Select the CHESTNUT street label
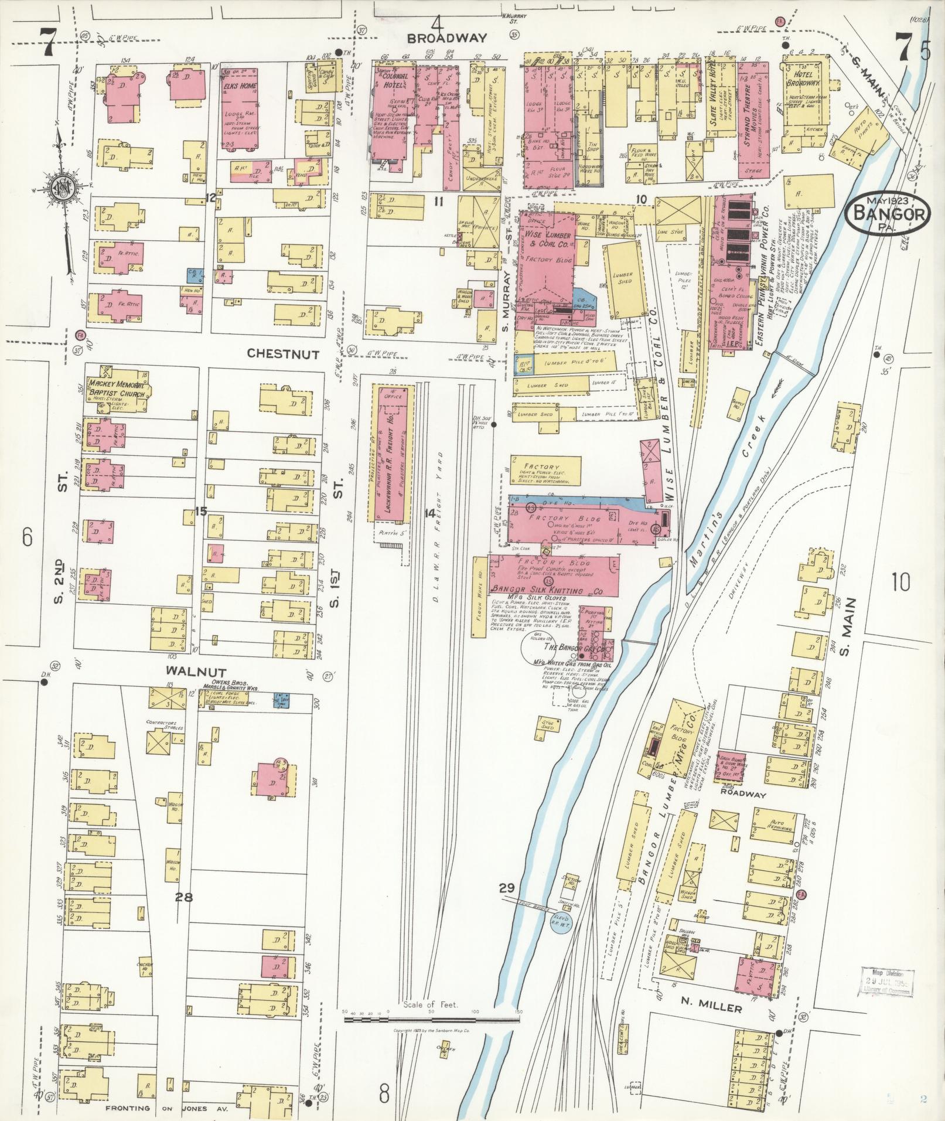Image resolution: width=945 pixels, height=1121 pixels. pos(283,354)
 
